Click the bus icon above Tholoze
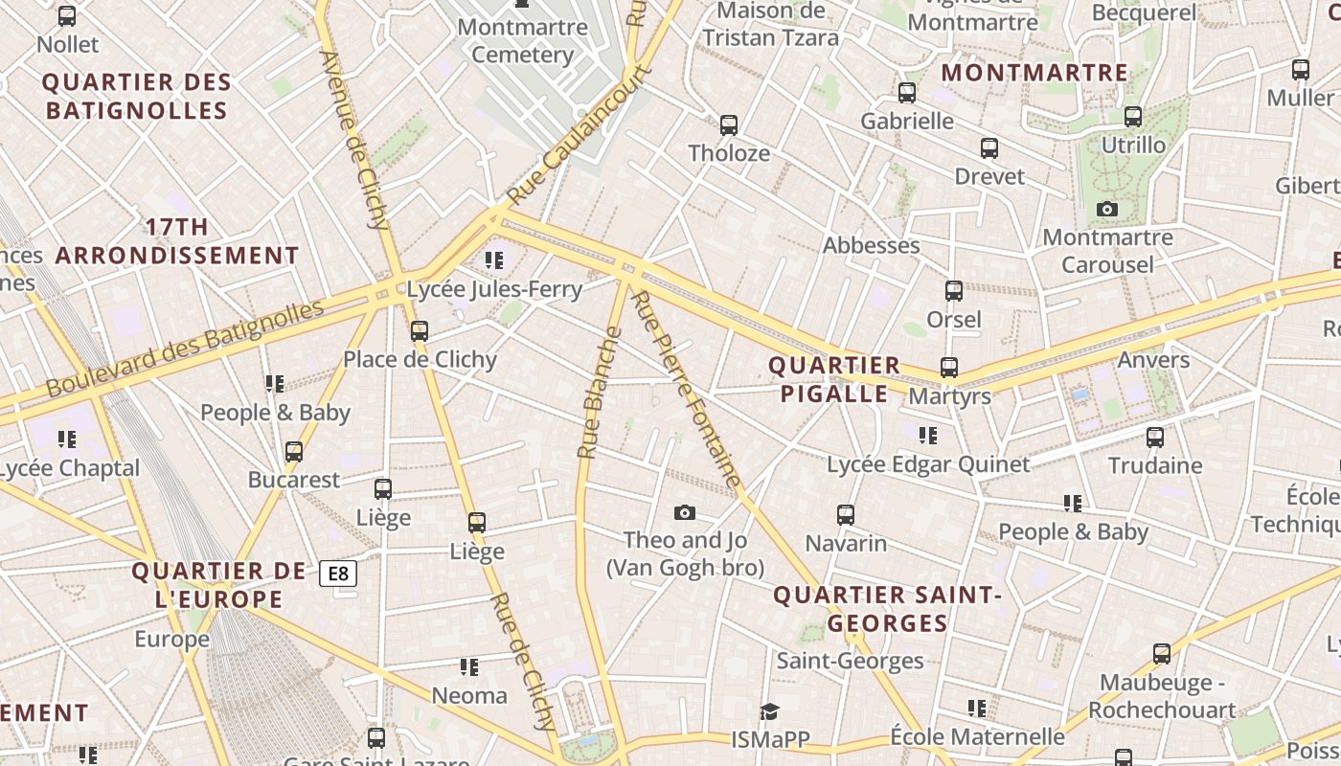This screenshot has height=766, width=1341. click(729, 125)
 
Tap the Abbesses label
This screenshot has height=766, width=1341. click(871, 245)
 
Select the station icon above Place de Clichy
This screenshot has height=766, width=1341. click(419, 331)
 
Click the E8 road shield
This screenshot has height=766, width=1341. click(338, 574)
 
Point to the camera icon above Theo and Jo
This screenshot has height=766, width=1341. click(684, 513)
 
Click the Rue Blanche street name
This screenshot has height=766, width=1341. click(600, 393)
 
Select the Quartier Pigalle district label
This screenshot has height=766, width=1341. click(834, 379)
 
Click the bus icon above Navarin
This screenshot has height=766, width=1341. click(846, 515)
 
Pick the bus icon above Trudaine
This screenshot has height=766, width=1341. click(1155, 438)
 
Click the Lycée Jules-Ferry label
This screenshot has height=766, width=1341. click(494, 289)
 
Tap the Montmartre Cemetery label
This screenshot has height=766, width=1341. click(522, 40)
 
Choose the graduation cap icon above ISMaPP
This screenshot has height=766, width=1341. click(769, 711)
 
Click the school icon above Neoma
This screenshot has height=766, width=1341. click(469, 666)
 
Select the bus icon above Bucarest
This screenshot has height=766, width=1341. click(294, 451)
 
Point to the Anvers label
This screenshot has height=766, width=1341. click(1153, 360)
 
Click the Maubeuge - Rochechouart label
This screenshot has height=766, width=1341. click(1162, 696)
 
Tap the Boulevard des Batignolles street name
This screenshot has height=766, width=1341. click(186, 349)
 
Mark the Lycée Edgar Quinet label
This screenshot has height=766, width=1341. click(928, 464)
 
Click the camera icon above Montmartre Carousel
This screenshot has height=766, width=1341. click(1107, 210)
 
